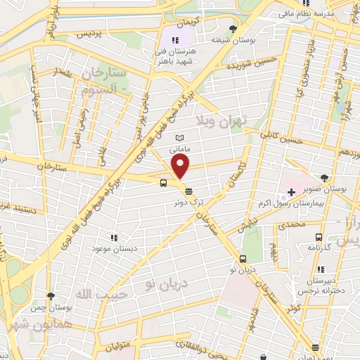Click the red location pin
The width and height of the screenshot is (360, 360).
click(181, 167)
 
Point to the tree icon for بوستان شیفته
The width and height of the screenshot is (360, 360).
click(233, 28)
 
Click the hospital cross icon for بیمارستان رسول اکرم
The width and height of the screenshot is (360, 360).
click(291, 193)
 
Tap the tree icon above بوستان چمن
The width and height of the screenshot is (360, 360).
click(50, 296)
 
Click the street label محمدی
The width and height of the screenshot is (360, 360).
click(292, 226)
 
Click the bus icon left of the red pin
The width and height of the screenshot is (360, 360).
click(164, 184)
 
